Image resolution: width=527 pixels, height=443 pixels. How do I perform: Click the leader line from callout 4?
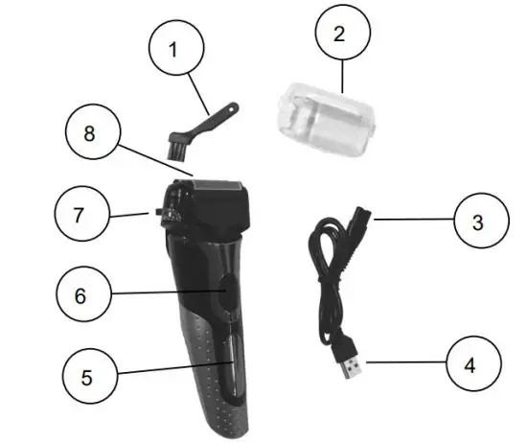(x=407, y=363)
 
